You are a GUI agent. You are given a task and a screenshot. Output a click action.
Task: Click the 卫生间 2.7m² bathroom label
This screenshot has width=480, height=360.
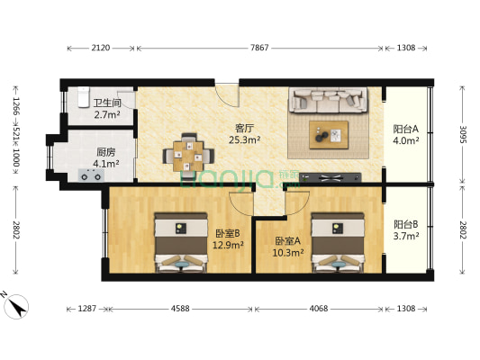coord(106,109)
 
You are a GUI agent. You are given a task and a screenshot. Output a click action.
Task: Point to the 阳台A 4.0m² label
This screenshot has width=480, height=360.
coord(404,134)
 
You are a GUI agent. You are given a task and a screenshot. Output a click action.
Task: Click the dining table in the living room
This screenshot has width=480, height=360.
coord(189,154)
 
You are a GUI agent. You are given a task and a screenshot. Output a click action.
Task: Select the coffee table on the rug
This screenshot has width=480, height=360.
coord(330,134)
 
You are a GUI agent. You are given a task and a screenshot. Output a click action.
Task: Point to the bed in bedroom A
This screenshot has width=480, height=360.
coord(339,240)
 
